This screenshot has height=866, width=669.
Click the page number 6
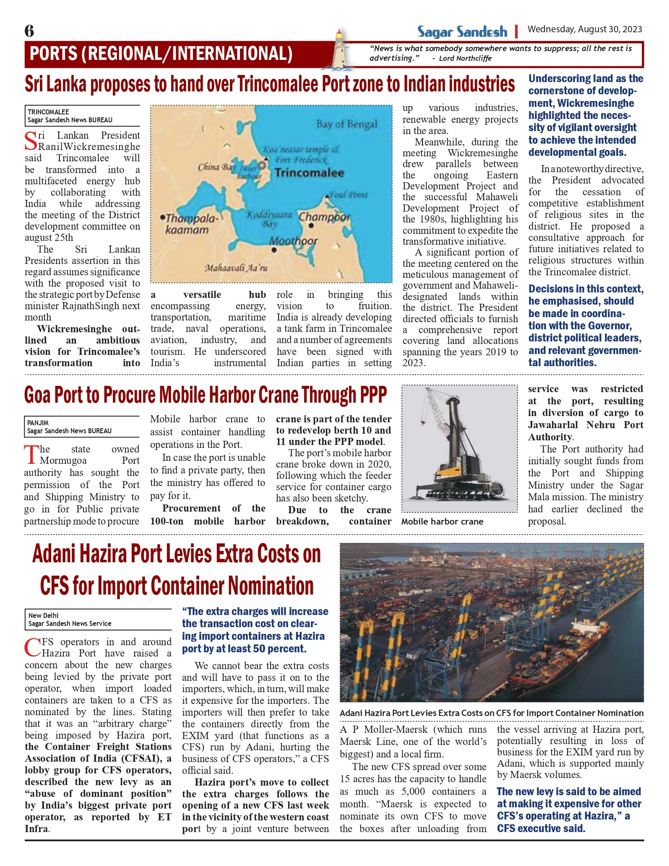[x=29, y=31]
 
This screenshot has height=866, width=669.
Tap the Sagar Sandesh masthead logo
[x=462, y=32]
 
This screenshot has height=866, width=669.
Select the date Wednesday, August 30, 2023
[x=585, y=29]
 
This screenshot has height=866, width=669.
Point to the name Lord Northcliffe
[x=465, y=58]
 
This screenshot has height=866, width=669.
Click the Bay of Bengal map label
[x=346, y=124]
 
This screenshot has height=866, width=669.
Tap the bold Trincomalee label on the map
[x=309, y=173]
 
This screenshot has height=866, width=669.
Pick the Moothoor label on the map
[x=293, y=241]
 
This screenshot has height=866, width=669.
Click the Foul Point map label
[x=348, y=195]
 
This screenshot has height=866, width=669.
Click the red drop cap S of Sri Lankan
[x=31, y=141]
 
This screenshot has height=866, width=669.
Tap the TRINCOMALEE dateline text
[x=48, y=112]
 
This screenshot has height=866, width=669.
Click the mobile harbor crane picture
[x=459, y=448]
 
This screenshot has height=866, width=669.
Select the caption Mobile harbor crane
[x=442, y=522]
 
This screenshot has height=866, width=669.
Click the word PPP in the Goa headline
[x=368, y=395]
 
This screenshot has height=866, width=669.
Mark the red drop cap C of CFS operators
[x=32, y=648]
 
